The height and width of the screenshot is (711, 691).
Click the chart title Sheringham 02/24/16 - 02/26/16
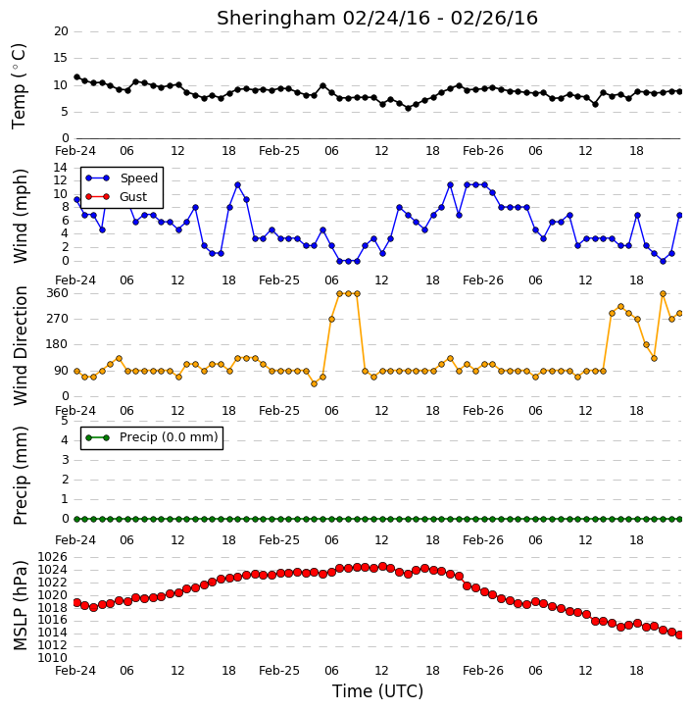click(x=377, y=19)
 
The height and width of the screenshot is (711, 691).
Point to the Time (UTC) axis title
click(x=377, y=691)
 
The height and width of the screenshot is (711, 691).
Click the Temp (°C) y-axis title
click(x=19, y=86)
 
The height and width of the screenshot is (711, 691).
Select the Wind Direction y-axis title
click(x=20, y=345)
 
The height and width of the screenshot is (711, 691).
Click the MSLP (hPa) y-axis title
click(x=20, y=605)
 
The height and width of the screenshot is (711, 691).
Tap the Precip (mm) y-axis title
click(x=20, y=476)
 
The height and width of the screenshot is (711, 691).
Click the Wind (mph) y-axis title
click(x=20, y=216)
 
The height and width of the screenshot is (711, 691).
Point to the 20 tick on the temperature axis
click(x=61, y=31)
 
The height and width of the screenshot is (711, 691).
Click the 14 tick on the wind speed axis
click(x=61, y=168)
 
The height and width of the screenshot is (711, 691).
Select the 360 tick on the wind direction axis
click(x=58, y=293)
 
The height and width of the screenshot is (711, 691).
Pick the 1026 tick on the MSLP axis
click(x=53, y=557)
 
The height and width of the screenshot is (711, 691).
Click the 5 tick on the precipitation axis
click(x=65, y=421)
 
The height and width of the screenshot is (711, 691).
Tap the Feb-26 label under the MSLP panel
click(x=483, y=670)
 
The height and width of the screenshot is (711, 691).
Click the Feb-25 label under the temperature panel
click(x=279, y=151)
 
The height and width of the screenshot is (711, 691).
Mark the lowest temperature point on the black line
click(x=408, y=109)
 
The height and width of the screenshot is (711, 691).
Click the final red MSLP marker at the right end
click(x=679, y=635)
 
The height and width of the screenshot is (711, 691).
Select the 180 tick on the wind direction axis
click(x=58, y=344)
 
